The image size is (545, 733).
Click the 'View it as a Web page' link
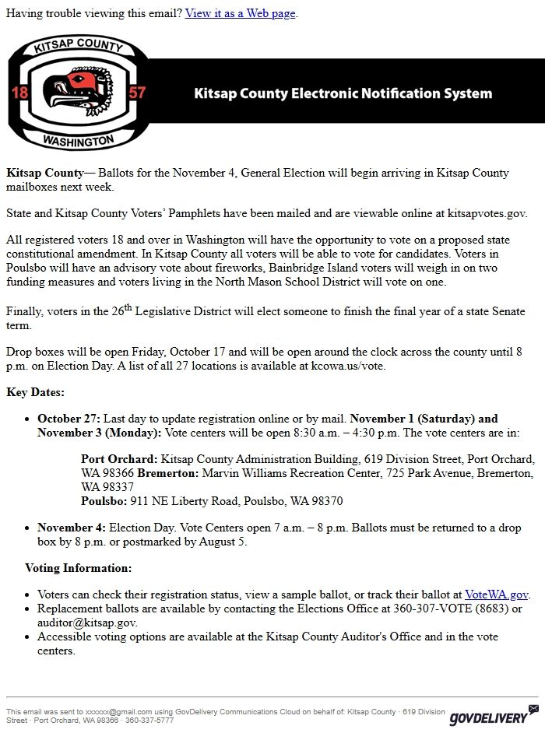click(x=241, y=13)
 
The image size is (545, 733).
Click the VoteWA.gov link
click(x=497, y=594)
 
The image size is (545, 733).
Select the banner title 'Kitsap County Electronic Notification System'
click(x=343, y=94)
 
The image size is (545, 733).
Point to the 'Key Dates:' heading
click(x=36, y=392)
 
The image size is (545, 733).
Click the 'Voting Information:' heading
click(x=78, y=568)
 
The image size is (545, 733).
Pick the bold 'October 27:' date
click(x=69, y=418)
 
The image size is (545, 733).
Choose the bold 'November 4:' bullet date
click(x=72, y=528)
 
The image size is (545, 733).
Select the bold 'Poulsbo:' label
click(x=104, y=501)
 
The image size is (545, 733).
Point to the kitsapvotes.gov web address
click(x=482, y=212)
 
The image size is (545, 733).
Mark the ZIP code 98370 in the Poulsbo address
click(x=326, y=501)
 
